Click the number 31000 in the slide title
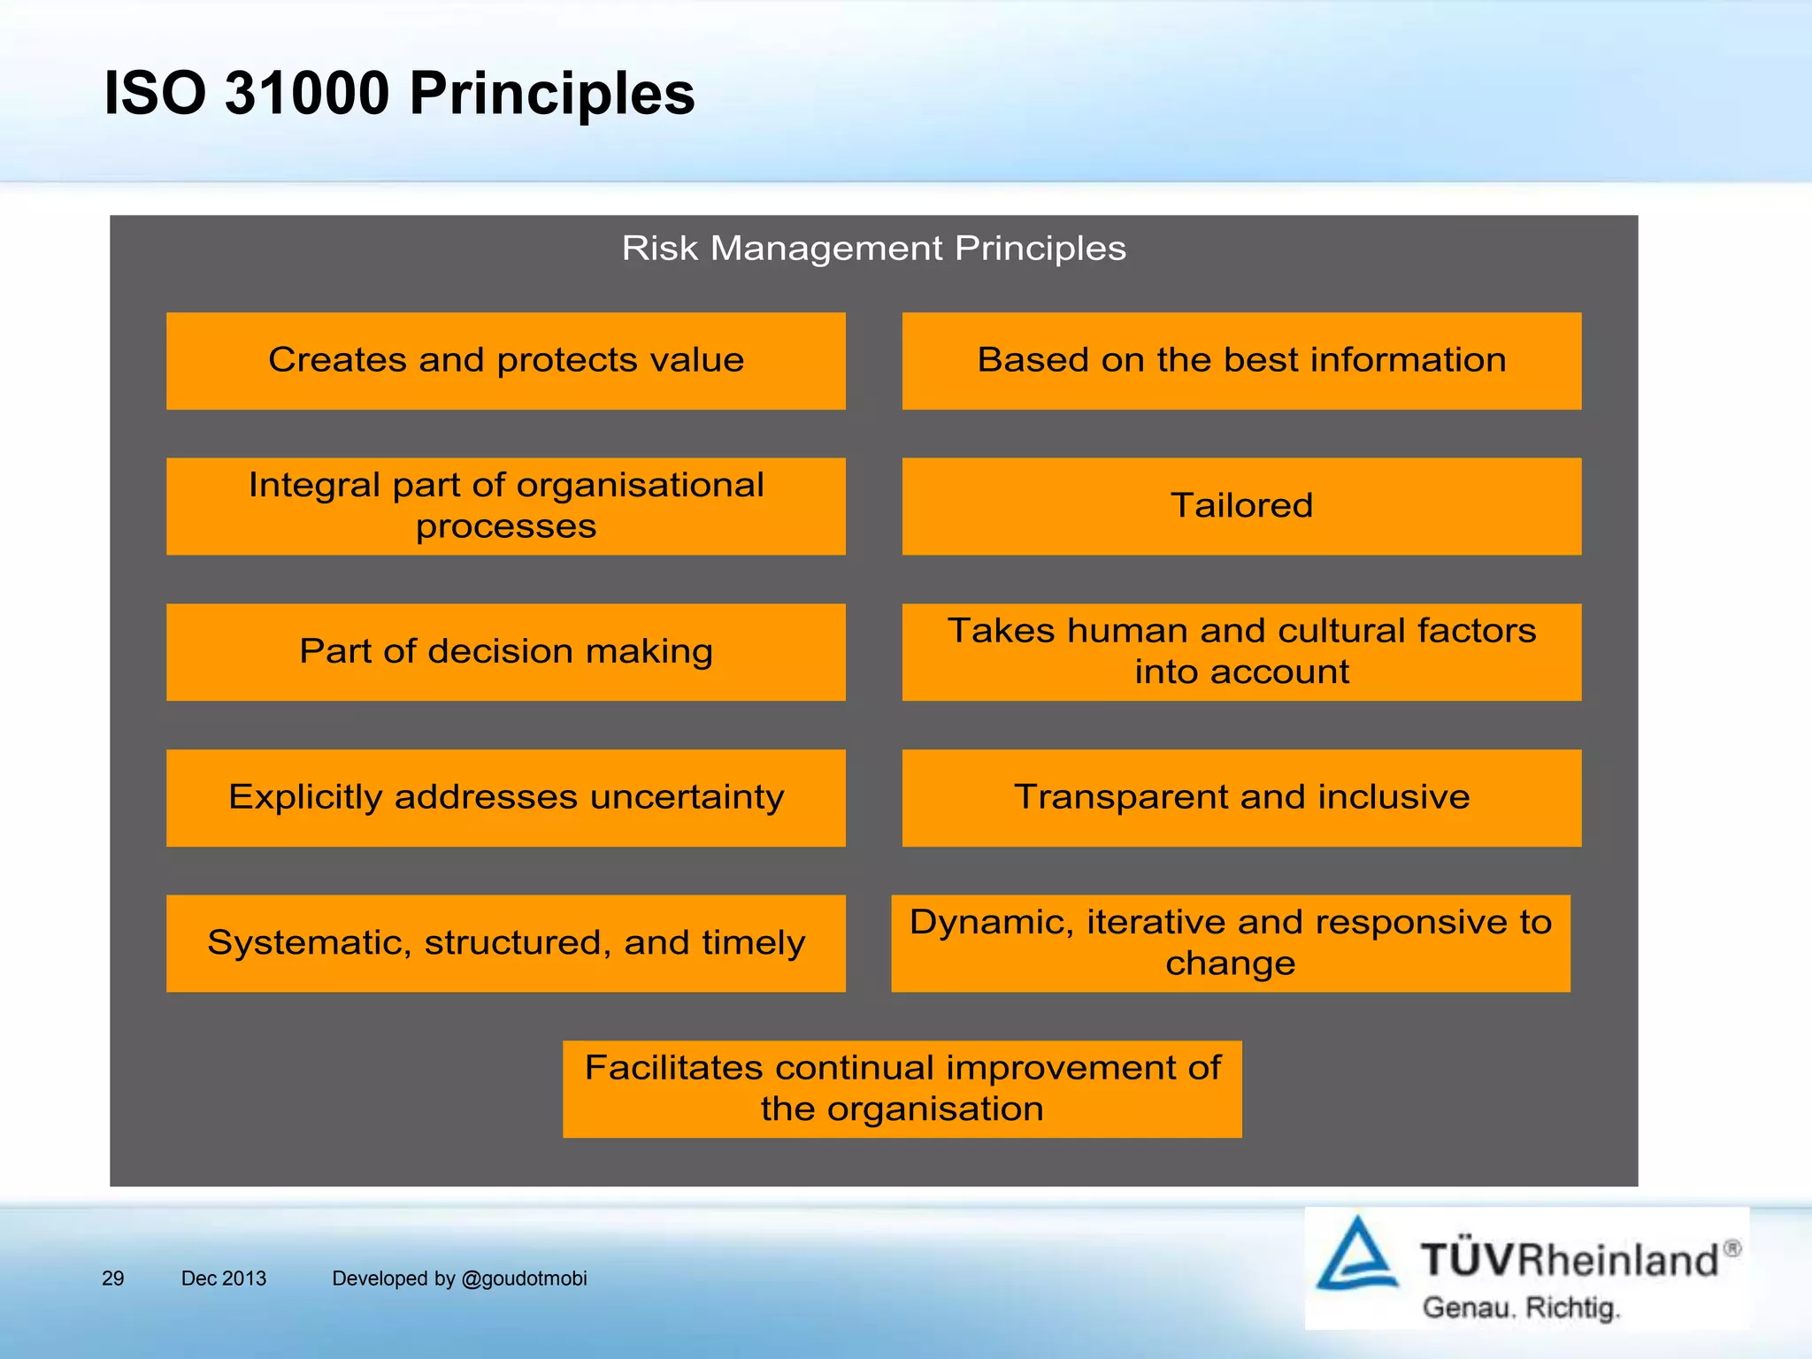pos(306,93)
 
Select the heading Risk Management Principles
pos(873,249)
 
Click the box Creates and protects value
pos(505,361)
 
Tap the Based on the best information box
pos(1241,361)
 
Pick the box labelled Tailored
pos(1241,506)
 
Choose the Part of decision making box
pos(505,652)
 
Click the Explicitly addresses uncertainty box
pos(505,797)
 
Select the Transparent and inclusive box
pos(1241,797)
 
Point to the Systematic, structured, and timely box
pos(505,943)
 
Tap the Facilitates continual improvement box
pos(902,1088)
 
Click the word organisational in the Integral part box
pos(640,485)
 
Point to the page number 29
pos(113,1278)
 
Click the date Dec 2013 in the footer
pos(224,1278)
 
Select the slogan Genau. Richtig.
pos(1520,1308)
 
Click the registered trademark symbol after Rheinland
pos(1732,1248)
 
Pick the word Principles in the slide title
pos(552,93)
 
